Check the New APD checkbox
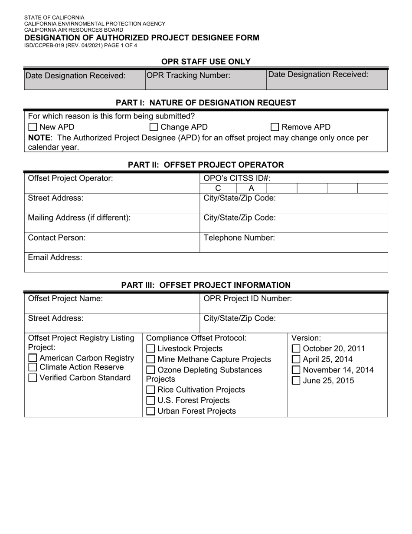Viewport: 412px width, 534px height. click(x=33, y=127)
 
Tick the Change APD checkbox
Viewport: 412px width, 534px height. click(x=154, y=127)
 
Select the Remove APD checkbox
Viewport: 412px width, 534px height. click(x=275, y=127)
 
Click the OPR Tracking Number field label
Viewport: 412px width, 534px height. click(x=188, y=76)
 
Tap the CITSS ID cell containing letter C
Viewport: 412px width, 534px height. click(x=218, y=188)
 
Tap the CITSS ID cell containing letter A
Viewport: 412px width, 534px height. click(x=251, y=188)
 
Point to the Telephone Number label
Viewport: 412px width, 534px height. click(x=239, y=238)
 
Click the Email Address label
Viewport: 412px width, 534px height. click(x=55, y=257)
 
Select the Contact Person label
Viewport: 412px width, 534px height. click(x=56, y=238)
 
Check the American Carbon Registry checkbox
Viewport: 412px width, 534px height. click(x=33, y=358)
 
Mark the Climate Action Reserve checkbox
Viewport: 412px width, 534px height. click(x=33, y=368)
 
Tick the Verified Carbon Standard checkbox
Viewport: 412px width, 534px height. click(x=33, y=378)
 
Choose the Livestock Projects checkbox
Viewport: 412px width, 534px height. click(x=150, y=349)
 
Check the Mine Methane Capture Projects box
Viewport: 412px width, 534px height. click(x=150, y=359)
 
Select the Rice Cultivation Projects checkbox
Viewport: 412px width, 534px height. click(x=150, y=390)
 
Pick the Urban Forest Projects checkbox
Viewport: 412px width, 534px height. click(x=150, y=411)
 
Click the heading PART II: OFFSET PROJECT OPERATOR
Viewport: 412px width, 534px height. click(x=206, y=165)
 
